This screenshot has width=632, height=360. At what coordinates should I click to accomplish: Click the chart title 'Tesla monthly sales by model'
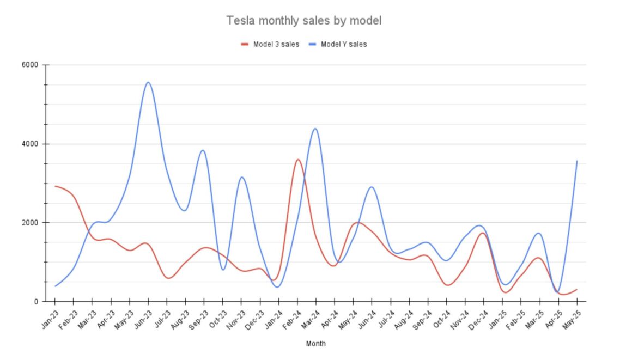[304, 21]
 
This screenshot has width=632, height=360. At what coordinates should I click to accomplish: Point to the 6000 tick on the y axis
[30, 65]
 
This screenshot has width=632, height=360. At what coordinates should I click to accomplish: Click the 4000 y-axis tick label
[30, 144]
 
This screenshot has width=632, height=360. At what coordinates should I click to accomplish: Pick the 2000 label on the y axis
[30, 223]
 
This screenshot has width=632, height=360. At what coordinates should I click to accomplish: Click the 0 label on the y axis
[36, 302]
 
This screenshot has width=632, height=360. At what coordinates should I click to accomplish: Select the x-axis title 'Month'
[316, 344]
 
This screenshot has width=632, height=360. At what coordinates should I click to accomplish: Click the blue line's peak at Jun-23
[148, 82]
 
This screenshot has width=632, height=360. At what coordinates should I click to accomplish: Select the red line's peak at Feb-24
[297, 160]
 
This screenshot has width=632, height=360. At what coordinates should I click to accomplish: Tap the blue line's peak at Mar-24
[315, 129]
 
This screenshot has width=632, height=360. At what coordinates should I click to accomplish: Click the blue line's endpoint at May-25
[577, 161]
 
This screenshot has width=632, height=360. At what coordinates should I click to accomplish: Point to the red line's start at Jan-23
[55, 186]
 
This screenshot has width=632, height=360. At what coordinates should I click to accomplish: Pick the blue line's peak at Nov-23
[241, 178]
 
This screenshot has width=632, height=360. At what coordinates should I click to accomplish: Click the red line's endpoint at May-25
[577, 289]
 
